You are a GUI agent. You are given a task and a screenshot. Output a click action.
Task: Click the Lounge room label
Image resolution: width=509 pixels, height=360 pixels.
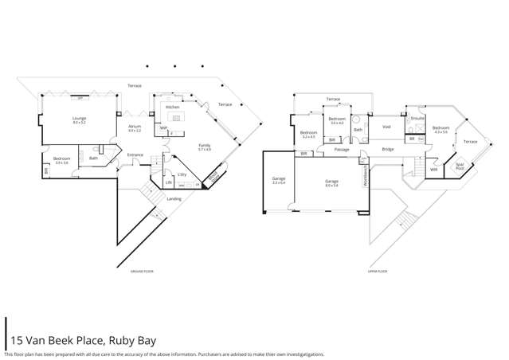tap(79, 119)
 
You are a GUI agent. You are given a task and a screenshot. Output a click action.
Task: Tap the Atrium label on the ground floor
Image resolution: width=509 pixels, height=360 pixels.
tap(134, 127)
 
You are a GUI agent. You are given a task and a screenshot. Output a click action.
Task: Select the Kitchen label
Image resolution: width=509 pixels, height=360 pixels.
tap(172, 106)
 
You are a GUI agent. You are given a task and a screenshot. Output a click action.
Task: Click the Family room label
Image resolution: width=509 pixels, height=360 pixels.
tap(205, 146)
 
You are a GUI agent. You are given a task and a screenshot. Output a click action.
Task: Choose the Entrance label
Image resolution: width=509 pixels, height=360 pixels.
tap(135, 155)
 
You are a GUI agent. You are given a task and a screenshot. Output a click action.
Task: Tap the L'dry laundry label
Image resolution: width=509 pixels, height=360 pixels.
tap(182, 174)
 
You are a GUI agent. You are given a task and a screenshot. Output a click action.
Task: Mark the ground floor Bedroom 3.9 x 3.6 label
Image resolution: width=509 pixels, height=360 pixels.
tap(61, 159)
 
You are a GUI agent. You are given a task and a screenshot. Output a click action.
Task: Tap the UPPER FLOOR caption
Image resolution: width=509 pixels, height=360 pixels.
tap(377, 271)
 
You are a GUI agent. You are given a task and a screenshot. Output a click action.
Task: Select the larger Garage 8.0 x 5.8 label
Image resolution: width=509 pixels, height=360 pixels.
tap(331, 182)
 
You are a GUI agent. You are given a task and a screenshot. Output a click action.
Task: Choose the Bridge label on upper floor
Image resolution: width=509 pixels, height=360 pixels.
tap(388, 150)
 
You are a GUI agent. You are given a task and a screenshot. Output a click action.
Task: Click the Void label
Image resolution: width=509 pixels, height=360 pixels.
tap(386, 127)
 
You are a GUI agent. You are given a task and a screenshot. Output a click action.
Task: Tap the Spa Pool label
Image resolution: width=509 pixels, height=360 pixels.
tap(460, 168)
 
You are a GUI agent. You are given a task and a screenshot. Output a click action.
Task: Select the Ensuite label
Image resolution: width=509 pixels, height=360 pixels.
tap(415, 117)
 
